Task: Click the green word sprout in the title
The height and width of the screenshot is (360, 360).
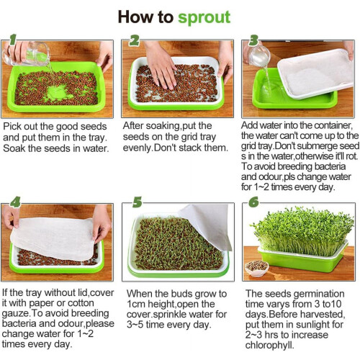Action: (x=204, y=17)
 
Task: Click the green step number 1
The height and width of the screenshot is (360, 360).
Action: (x=13, y=40)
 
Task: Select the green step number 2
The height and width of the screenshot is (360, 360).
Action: (x=134, y=40)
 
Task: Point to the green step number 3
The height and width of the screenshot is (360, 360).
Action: (x=253, y=40)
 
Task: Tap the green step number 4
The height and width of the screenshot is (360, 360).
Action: (x=15, y=202)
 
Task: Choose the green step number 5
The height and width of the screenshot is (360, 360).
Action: (x=138, y=202)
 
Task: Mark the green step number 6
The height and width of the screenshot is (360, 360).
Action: (x=253, y=202)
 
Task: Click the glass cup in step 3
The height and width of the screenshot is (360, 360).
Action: (x=258, y=55)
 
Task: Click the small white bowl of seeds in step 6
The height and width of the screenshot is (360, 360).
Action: (x=257, y=268)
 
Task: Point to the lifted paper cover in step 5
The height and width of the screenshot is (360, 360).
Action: (x=207, y=225)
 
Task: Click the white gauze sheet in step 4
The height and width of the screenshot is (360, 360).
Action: (x=53, y=238)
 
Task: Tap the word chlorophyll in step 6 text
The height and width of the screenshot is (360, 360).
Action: (x=269, y=345)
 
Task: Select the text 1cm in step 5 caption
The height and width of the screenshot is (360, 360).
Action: (x=136, y=304)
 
